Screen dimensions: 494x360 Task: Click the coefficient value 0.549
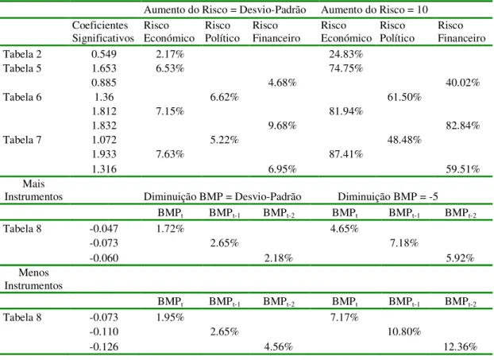[104, 54]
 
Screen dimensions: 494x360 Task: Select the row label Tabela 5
[22, 68]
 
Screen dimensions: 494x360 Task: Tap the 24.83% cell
[346, 54]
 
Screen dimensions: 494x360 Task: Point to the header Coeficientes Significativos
[103, 32]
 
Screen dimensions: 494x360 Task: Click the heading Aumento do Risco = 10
[374, 10]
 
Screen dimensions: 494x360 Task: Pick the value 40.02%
[462, 83]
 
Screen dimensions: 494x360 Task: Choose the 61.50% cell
[404, 97]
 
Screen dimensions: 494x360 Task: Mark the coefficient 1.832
[104, 126]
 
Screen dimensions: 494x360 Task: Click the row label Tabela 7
[22, 140]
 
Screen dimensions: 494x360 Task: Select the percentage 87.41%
[346, 154]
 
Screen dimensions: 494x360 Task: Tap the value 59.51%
[462, 169]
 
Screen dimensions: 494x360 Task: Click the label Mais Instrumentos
[33, 190]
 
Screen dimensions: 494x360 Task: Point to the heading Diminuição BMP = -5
[388, 197]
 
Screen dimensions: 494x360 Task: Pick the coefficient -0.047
[104, 229]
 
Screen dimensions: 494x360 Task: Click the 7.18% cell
[404, 243]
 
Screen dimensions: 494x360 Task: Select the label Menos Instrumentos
[33, 279]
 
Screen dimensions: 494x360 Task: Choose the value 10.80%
[404, 331]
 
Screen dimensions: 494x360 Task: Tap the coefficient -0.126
[104, 346]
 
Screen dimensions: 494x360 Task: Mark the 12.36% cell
[461, 346]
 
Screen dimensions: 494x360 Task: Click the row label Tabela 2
[22, 54]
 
